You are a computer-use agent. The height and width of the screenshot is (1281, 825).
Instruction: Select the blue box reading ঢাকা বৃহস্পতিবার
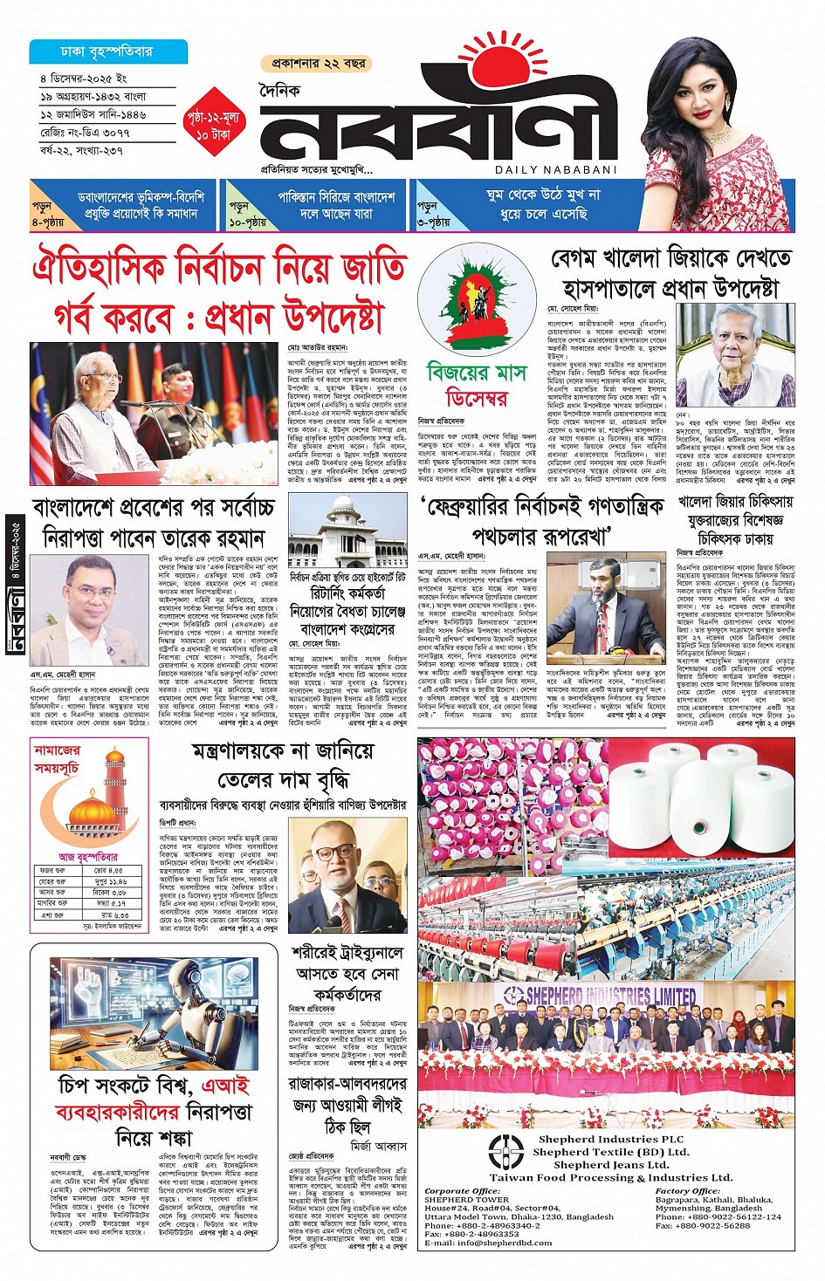pos(103,51)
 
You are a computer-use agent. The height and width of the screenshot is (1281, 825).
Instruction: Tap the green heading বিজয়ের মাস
pos(477,372)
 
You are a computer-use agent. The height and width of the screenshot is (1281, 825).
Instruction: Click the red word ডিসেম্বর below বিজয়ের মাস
pos(477,399)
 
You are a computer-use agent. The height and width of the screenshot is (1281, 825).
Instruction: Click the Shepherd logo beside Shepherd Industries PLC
pos(506,1151)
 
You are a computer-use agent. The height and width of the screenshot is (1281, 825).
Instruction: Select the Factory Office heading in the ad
pos(687,1190)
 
